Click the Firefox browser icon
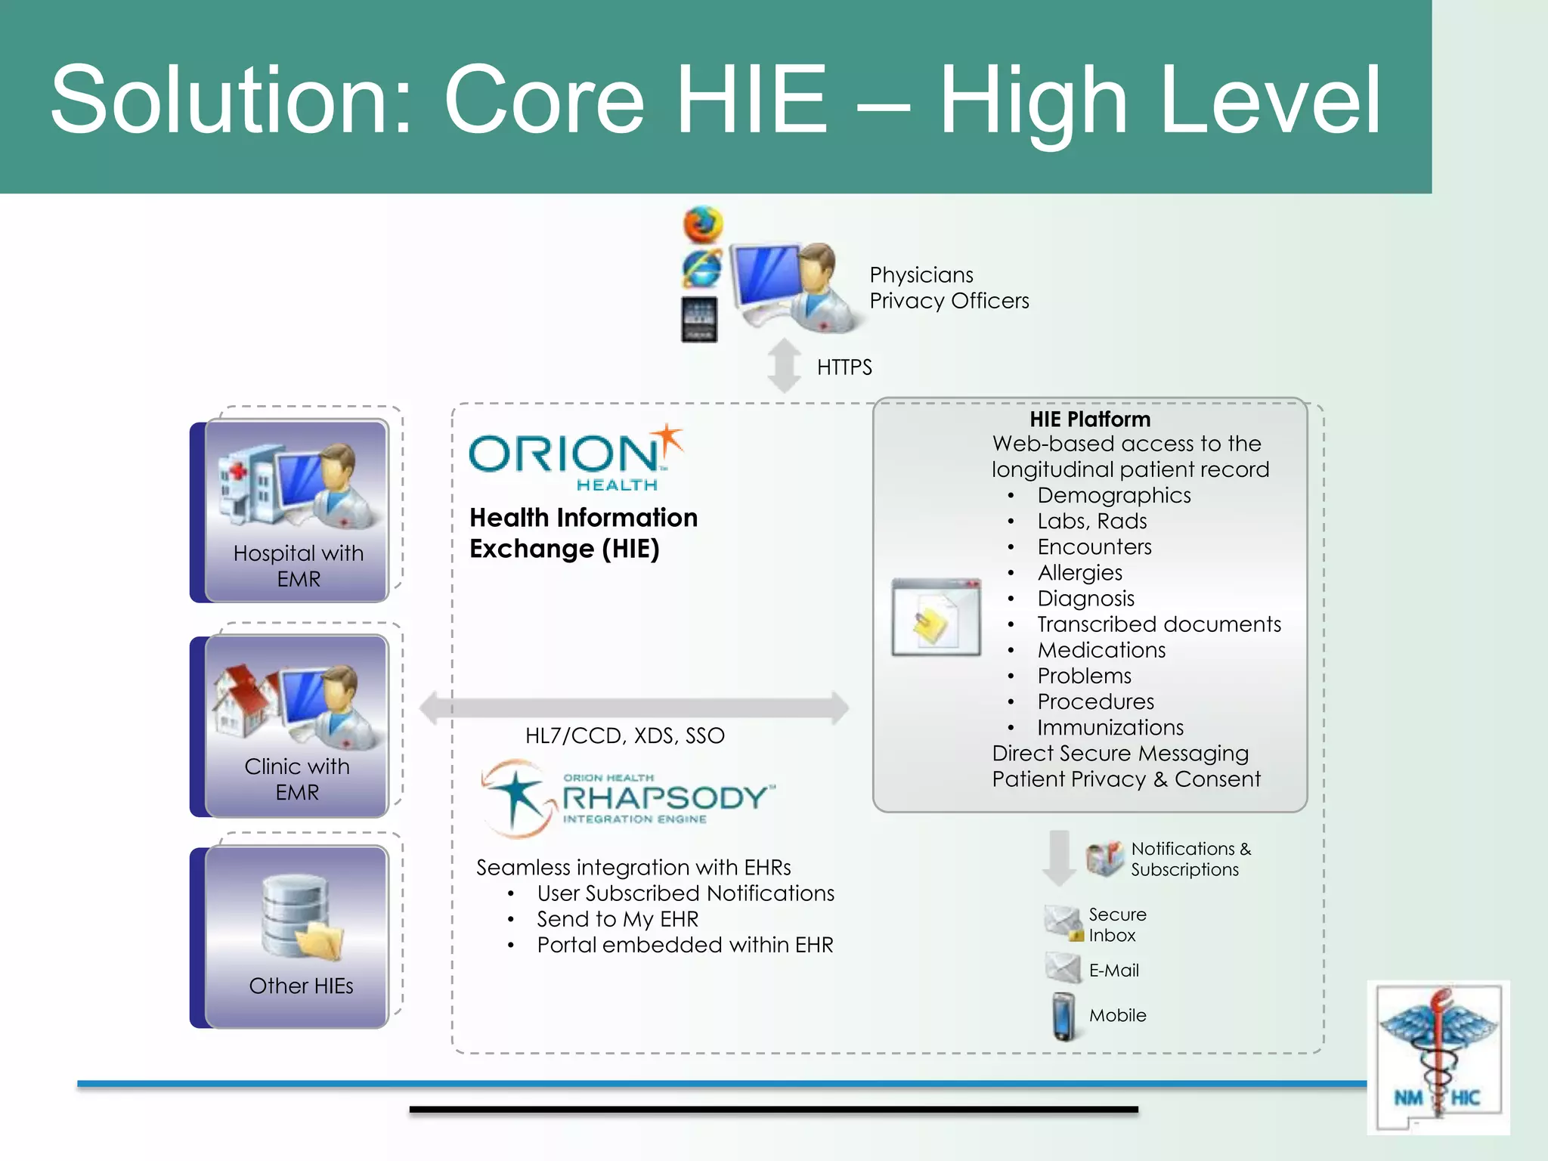pyautogui.click(x=703, y=224)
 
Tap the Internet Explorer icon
pyautogui.click(x=702, y=269)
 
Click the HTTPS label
pyautogui.click(x=844, y=367)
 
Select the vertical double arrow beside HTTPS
pyautogui.click(x=785, y=366)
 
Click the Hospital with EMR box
pyautogui.click(x=297, y=511)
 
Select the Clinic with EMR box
pyautogui.click(x=297, y=726)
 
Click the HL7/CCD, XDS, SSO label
pyautogui.click(x=624, y=735)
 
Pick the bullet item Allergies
pyautogui.click(x=1079, y=573)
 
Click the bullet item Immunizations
pyautogui.click(x=1110, y=728)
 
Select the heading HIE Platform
pyautogui.click(x=1089, y=420)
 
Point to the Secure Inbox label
pyautogui.click(x=1116, y=925)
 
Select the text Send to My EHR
pyautogui.click(x=618, y=919)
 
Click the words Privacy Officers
pyautogui.click(x=949, y=301)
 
